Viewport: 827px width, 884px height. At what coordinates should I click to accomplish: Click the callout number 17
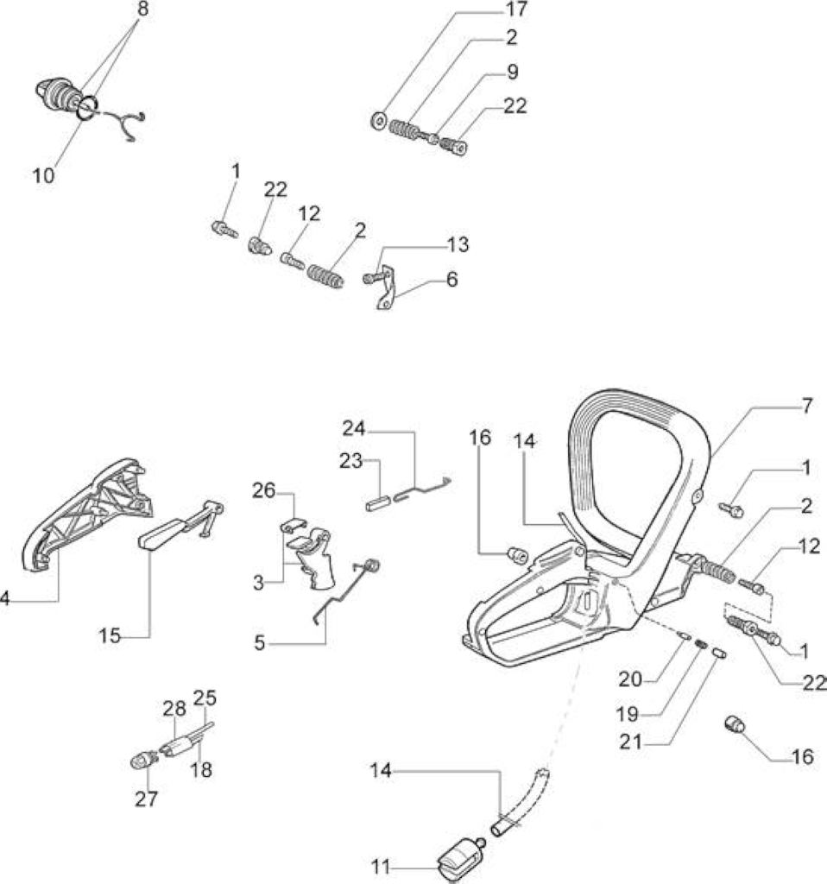(x=516, y=9)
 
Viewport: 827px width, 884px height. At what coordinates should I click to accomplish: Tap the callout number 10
(x=43, y=175)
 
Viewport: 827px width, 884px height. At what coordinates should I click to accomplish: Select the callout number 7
(x=806, y=406)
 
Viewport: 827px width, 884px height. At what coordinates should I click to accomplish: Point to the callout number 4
(x=4, y=599)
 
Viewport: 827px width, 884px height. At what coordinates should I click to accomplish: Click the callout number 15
(x=110, y=636)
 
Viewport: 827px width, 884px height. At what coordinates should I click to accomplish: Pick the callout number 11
(x=381, y=867)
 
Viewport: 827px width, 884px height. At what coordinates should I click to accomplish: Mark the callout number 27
(x=147, y=799)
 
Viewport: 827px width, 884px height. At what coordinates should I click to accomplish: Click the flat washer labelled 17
(x=379, y=120)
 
